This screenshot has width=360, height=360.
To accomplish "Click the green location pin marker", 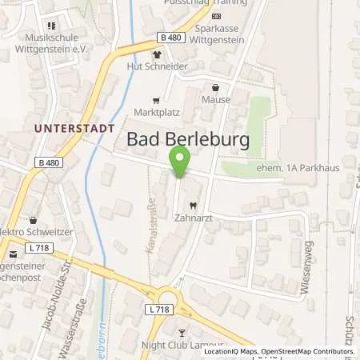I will pos(180,162).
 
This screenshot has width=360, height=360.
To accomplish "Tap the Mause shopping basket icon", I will pos(215,88).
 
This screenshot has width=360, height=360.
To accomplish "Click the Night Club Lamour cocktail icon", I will pos(182,332).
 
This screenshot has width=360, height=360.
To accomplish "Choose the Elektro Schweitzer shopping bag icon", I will pos(33,219).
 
